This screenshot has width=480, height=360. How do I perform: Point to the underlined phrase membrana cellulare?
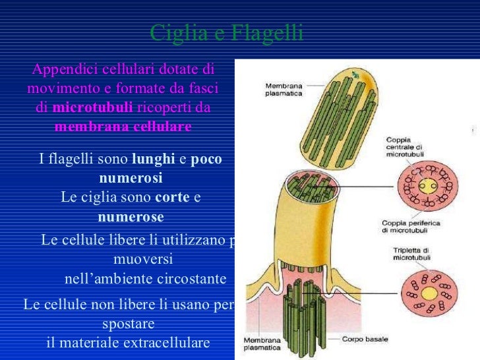[123, 126]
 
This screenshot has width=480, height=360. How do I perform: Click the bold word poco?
[206, 160]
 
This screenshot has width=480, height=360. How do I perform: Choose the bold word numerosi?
[131, 179]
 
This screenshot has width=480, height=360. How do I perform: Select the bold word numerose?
[131, 217]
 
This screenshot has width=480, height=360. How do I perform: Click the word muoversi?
[143, 259]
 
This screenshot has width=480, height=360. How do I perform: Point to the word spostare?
[129, 324]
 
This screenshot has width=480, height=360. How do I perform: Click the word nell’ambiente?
[109, 279]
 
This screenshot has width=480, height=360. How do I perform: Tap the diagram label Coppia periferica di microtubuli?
[411, 227]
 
